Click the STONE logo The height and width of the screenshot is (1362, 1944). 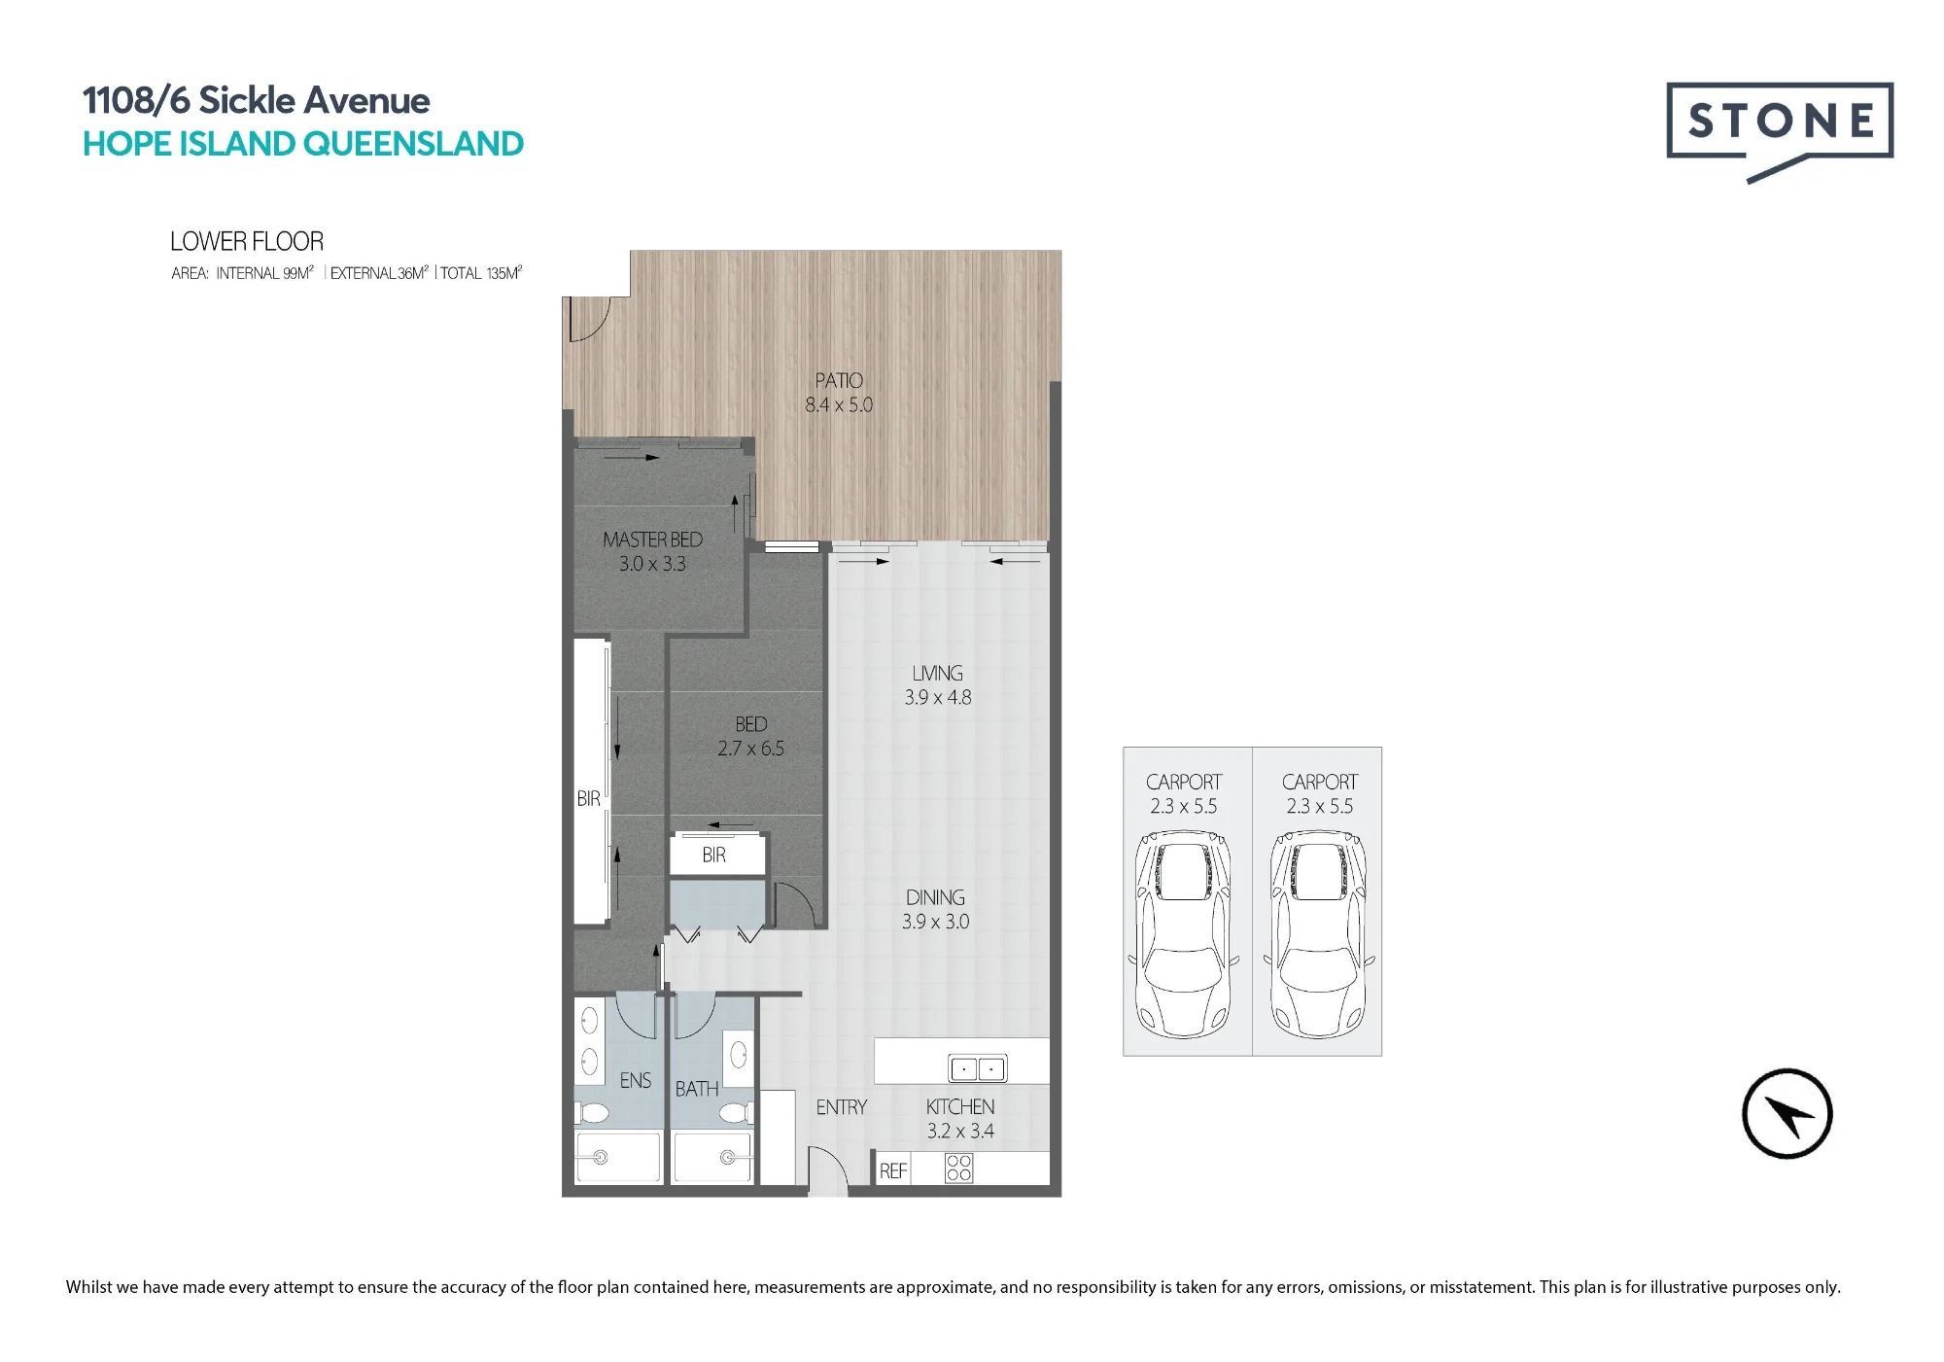(x=1780, y=132)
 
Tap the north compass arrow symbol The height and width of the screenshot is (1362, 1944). (x=1787, y=1114)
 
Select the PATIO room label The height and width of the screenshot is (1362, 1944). (x=839, y=381)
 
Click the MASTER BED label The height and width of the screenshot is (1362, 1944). (x=652, y=540)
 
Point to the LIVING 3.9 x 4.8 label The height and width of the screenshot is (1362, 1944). (x=938, y=685)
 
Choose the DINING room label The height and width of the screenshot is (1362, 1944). (x=935, y=897)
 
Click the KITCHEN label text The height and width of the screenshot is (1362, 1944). (x=960, y=1107)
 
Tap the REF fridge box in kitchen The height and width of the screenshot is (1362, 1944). (x=893, y=1170)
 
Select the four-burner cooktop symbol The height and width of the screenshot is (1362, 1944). (x=958, y=1168)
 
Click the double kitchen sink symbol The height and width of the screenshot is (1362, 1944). (x=978, y=1068)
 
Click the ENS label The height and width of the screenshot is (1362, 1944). (x=636, y=1081)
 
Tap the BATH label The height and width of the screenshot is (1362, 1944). (x=697, y=1089)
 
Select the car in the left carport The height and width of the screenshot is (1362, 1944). (x=1184, y=934)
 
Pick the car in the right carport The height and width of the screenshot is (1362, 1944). (x=1319, y=934)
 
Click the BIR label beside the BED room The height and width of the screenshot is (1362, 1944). (x=714, y=856)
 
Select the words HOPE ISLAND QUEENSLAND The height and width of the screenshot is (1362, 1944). (x=303, y=144)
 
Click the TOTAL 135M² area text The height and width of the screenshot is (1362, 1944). (x=481, y=273)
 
